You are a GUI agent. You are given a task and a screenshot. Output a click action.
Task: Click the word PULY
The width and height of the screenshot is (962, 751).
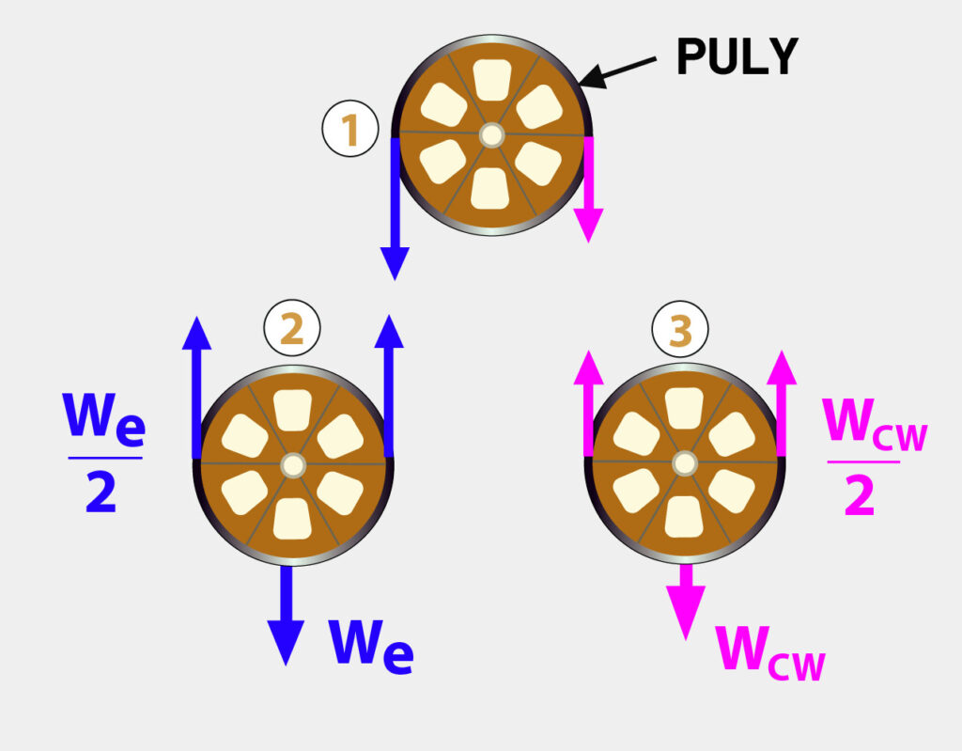tap(737, 58)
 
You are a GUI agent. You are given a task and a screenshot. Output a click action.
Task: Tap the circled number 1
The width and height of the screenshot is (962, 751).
tap(350, 130)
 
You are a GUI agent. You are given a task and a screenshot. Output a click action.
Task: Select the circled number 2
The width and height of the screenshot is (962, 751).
tap(292, 328)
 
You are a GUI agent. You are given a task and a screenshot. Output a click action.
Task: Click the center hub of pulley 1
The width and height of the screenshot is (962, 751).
tap(490, 135)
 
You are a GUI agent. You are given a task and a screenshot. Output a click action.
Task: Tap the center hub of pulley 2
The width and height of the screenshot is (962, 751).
tap(293, 464)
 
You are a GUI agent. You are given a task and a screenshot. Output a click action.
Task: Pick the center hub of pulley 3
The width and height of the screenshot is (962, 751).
tap(685, 463)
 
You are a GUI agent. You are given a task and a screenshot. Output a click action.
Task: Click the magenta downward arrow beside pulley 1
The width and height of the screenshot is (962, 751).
tap(589, 188)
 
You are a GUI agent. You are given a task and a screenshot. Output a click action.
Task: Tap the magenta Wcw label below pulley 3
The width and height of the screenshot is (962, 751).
tap(770, 649)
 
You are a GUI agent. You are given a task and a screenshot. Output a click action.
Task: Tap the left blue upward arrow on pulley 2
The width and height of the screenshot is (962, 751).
tap(197, 385)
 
